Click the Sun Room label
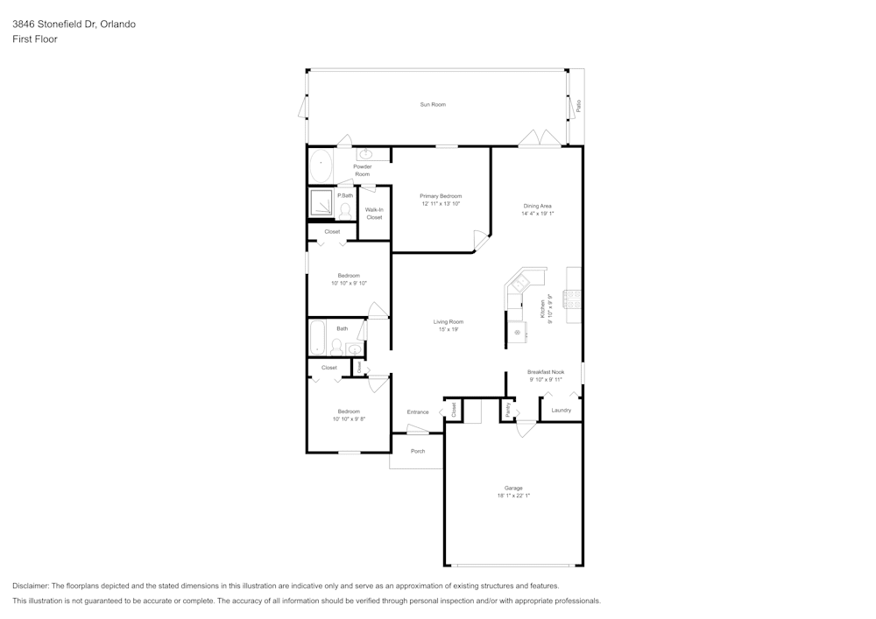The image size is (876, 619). pos(433,104)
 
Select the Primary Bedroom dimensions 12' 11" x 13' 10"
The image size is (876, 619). pos(441,203)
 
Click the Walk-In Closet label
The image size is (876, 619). pos(374,214)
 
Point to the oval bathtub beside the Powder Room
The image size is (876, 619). pos(321,165)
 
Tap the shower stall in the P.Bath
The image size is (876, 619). pos(320,204)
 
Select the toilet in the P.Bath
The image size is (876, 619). pos(344,210)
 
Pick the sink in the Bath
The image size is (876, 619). pos(354,349)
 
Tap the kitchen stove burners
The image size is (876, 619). pos(574,303)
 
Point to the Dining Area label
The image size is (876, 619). pos(537,206)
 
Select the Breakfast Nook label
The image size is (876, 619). pos(546,372)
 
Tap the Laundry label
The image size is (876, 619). pos(562,410)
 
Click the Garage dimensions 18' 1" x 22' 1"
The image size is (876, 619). pos(513,496)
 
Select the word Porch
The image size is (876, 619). pos(418,451)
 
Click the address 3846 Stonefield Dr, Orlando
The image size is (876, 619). pos(74,25)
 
